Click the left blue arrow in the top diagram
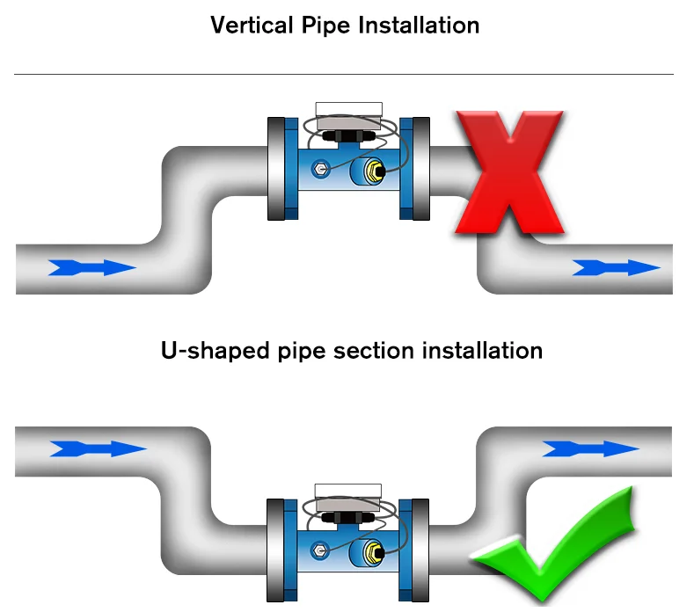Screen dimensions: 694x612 pyautogui.click(x=91, y=267)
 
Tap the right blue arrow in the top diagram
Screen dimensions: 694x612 pyautogui.click(x=615, y=267)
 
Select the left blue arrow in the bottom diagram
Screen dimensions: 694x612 pyautogui.click(x=97, y=448)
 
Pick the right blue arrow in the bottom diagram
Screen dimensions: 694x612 pyautogui.click(x=589, y=448)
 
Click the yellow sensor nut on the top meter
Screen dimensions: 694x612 pyautogui.click(x=372, y=168)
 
